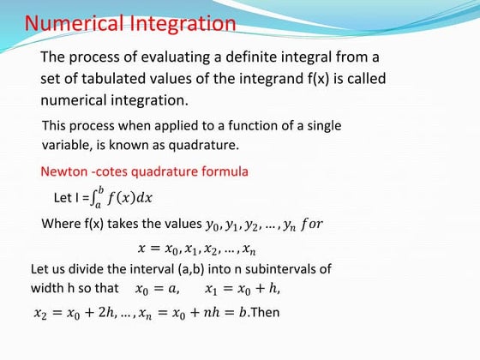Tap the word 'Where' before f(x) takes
[x=59, y=225]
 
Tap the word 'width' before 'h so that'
[x=48, y=288]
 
